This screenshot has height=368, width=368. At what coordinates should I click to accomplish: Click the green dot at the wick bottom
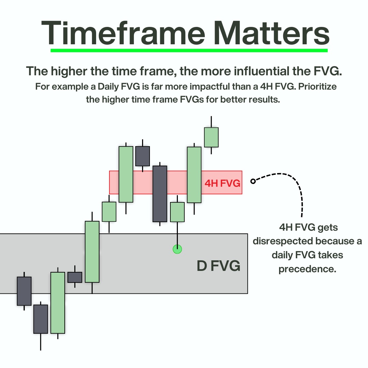pyautogui.click(x=177, y=249)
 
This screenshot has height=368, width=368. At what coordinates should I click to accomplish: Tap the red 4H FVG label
pyautogui.click(x=222, y=184)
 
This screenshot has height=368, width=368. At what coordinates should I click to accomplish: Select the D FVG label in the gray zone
pyautogui.click(x=218, y=266)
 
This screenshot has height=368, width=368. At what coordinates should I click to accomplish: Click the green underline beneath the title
pyautogui.click(x=189, y=50)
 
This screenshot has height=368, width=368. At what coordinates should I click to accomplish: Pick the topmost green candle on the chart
pyautogui.click(x=211, y=137)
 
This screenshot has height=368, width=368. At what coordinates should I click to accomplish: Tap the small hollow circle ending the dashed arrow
pyautogui.click(x=253, y=181)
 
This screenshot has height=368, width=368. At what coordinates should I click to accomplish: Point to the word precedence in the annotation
pyautogui.click(x=307, y=269)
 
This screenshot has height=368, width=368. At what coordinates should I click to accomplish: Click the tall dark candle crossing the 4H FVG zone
pyautogui.click(x=160, y=194)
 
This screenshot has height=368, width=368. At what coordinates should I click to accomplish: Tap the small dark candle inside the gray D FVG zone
pyautogui.click(x=75, y=277)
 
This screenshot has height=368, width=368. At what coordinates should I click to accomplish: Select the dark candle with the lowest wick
pyautogui.click(x=41, y=319)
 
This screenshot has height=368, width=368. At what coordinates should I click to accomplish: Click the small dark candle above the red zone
pyautogui.click(x=142, y=156)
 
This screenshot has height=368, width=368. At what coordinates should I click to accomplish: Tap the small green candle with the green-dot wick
pyautogui.click(x=177, y=212)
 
